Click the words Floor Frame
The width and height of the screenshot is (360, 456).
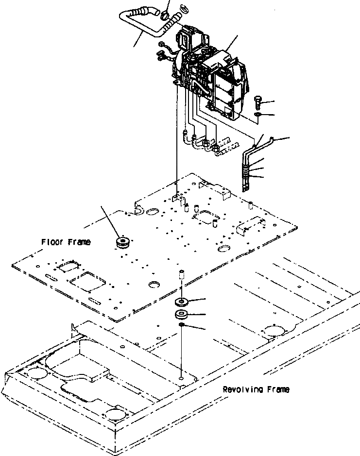[x=66, y=241]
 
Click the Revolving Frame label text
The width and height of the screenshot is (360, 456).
[x=256, y=389]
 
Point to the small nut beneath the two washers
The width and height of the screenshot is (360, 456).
[x=181, y=324]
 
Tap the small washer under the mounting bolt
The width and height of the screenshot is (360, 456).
[x=258, y=115]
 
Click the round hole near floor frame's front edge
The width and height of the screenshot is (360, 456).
[x=155, y=284]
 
